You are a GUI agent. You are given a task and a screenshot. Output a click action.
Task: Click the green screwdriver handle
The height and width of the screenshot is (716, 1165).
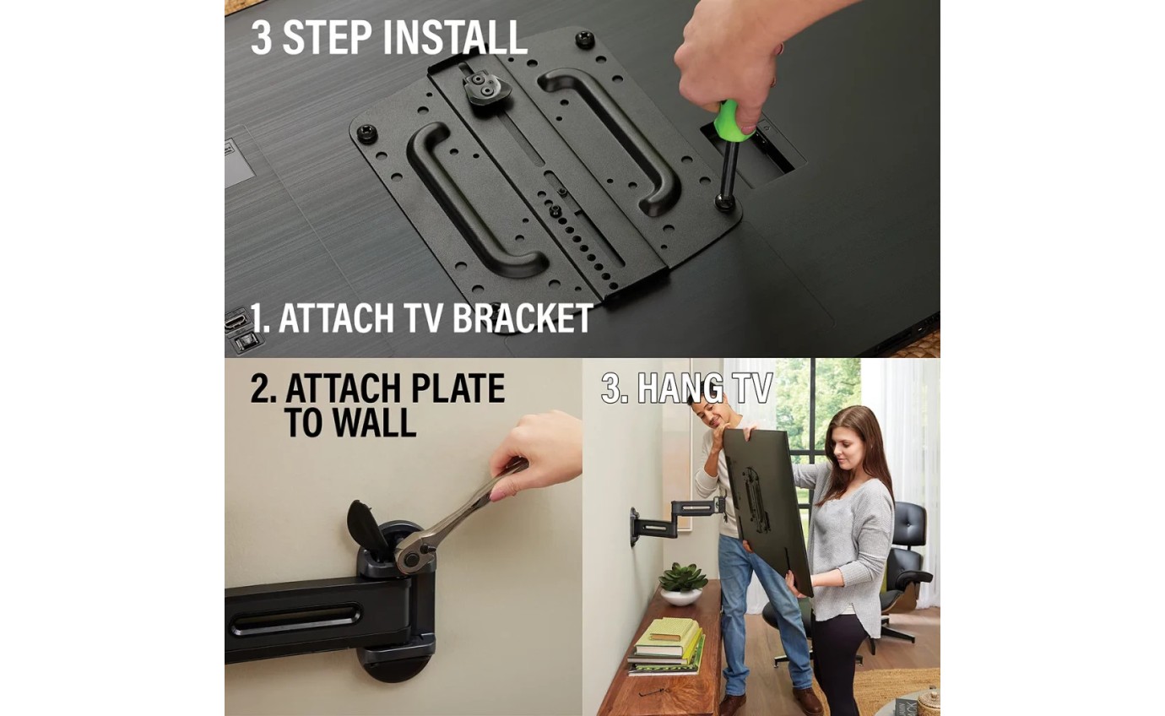pyautogui.click(x=734, y=120)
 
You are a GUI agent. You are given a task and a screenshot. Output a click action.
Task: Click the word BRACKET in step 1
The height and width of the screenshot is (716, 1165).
pyautogui.click(x=523, y=317)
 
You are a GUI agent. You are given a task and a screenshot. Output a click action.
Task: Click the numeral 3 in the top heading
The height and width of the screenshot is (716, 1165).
pyautogui.click(x=262, y=37)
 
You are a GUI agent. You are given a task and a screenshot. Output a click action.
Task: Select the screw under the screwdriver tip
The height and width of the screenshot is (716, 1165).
pyautogui.click(x=723, y=201)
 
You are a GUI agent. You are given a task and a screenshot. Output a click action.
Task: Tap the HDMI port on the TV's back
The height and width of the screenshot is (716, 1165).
pyautogui.click(x=236, y=320)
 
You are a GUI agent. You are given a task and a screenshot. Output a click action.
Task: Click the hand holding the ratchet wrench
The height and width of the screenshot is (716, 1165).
pyautogui.click(x=536, y=453)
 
